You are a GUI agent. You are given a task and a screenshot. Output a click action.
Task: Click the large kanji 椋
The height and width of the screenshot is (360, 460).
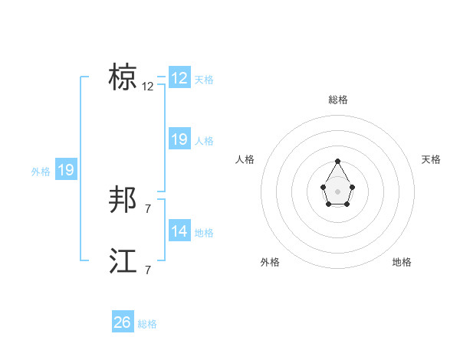(123, 77)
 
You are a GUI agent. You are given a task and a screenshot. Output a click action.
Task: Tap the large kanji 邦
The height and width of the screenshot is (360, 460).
(123, 201)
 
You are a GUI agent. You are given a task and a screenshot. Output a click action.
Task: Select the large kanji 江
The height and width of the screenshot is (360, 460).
(123, 261)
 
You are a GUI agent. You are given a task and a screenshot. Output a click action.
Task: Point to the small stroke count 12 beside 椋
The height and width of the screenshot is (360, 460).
(148, 87)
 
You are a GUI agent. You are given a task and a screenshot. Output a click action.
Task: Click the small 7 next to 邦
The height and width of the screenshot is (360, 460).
(148, 209)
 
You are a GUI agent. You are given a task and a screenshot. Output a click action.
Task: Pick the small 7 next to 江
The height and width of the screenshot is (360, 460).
(148, 270)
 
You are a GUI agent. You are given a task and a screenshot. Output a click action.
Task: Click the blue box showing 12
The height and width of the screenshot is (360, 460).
(179, 78)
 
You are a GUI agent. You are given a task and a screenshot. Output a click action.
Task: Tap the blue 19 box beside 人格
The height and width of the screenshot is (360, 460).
(179, 139)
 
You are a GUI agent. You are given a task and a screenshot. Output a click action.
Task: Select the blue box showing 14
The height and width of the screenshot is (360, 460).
(179, 231)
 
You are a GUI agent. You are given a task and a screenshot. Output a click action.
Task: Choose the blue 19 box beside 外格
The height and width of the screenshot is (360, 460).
(66, 170)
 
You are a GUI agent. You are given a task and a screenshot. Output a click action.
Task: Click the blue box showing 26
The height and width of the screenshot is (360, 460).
(123, 322)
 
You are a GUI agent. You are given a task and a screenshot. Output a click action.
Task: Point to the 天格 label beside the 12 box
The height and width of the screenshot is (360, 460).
(204, 79)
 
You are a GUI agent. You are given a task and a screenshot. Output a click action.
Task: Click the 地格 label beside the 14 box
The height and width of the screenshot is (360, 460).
(204, 232)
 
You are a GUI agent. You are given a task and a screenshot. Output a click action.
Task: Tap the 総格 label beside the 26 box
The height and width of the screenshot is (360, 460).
(147, 324)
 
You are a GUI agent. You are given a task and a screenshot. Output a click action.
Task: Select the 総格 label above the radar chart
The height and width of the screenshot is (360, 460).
(338, 100)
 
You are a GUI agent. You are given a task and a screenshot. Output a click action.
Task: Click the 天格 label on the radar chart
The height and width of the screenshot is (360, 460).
(432, 159)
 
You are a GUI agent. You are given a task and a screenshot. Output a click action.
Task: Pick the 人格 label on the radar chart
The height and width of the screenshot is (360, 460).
(245, 159)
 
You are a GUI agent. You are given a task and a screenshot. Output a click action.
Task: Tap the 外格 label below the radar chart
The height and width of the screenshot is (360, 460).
(270, 262)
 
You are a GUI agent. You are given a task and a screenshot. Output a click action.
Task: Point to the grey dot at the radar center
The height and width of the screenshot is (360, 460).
(338, 191)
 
